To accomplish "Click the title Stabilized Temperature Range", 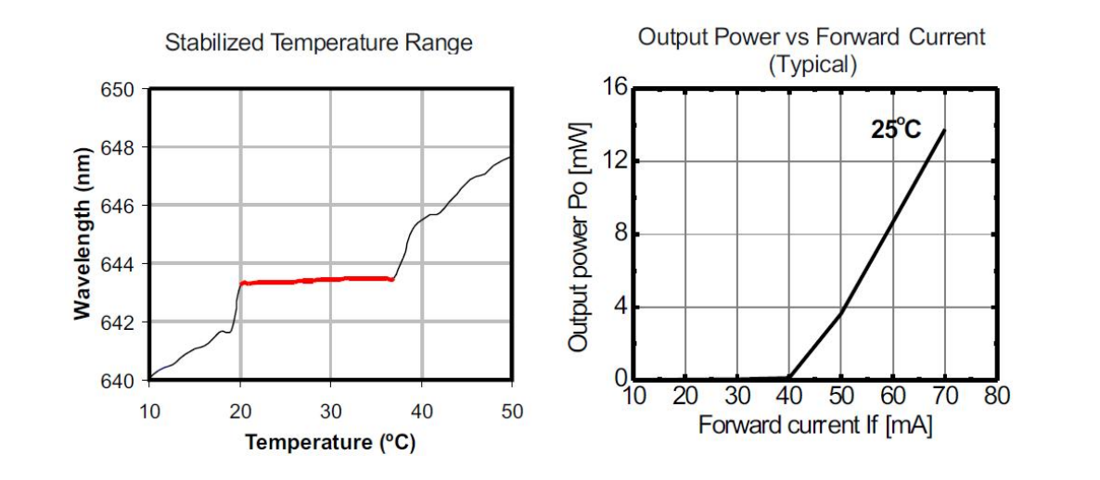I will [318, 43].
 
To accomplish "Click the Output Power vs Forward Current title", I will [812, 38].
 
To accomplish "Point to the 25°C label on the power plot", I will [896, 130].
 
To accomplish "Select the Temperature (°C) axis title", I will [330, 442].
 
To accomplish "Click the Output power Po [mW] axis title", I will [581, 235].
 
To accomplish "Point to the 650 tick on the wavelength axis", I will [120, 91].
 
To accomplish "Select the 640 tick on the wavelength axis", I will [120, 381].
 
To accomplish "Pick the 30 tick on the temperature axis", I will [331, 411].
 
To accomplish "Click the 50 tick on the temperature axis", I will [512, 411].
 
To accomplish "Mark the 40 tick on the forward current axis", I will [788, 397].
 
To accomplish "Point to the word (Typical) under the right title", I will [812, 64].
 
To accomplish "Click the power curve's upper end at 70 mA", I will [944, 131].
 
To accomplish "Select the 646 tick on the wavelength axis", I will [120, 207].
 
